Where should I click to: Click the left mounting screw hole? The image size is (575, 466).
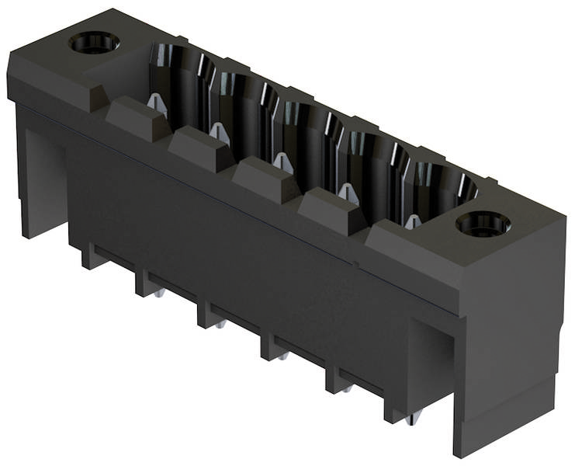click(94, 42)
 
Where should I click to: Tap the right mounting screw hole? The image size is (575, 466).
click(483, 224)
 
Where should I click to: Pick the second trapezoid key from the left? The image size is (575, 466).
click(200, 148)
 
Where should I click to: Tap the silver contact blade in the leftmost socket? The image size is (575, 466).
click(157, 103)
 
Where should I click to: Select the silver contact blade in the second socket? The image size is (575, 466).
click(220, 133)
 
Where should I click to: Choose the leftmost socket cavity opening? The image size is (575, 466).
click(180, 74)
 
